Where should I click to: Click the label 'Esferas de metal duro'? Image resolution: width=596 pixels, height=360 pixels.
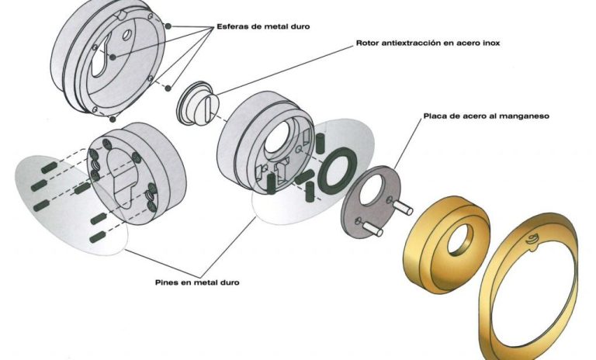[x=263, y=26]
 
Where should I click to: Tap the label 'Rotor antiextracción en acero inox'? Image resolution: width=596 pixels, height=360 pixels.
[x=428, y=43]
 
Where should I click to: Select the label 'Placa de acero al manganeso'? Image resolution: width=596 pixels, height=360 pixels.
[x=486, y=116]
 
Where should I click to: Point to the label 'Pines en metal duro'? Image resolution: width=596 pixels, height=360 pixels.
[x=197, y=282]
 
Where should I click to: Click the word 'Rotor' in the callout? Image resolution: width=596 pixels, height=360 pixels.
[x=367, y=43]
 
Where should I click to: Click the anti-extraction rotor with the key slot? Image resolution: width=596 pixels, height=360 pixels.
[x=199, y=103]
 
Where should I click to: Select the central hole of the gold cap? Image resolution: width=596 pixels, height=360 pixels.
[x=460, y=240]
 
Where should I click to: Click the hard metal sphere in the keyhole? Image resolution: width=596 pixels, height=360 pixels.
[x=113, y=57]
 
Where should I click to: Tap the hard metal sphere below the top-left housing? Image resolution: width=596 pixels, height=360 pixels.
[x=113, y=119]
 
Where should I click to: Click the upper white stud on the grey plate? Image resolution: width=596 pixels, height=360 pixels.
[x=402, y=207]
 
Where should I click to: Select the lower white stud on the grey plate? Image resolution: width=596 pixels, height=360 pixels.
[x=372, y=229]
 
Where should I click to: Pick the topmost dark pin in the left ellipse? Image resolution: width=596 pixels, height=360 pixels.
[x=49, y=168]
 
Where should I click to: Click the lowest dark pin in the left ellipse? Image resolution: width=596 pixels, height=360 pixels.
[x=97, y=237]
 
